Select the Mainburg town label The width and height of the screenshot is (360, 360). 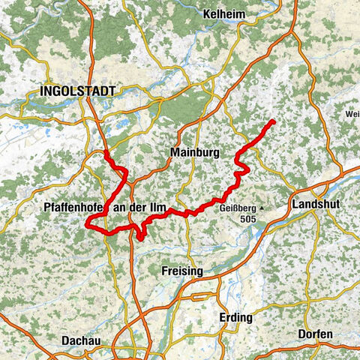194,153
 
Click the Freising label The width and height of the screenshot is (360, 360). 182,270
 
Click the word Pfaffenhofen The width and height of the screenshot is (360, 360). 73,207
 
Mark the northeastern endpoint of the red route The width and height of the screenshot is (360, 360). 272,121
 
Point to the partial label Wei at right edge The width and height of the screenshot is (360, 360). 352,114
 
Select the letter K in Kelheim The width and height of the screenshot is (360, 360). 207,14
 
